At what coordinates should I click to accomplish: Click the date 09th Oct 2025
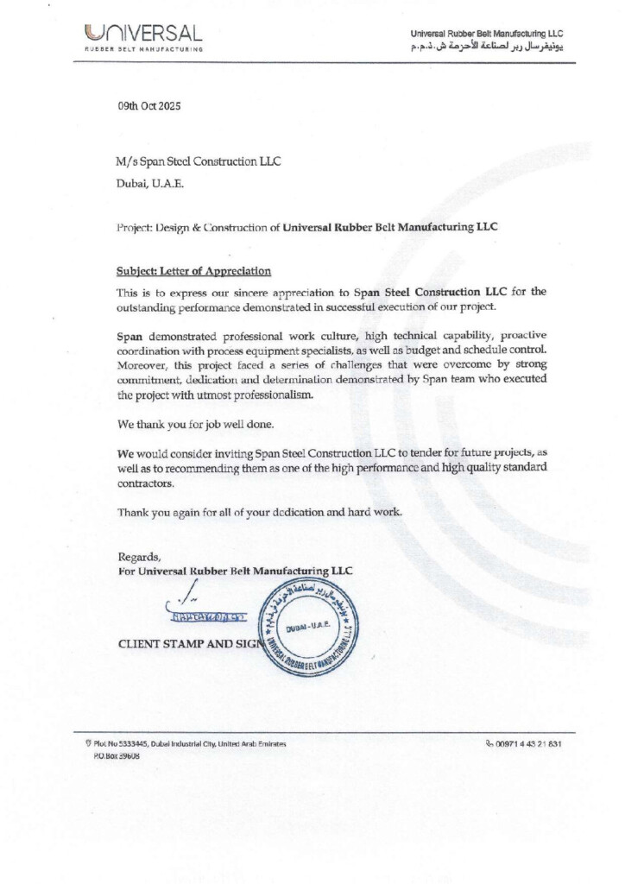[149, 106]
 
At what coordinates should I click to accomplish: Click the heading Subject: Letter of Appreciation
[194, 270]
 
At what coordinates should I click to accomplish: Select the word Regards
[139, 557]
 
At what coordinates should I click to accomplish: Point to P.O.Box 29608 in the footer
[117, 755]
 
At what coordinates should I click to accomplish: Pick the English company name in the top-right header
[487, 33]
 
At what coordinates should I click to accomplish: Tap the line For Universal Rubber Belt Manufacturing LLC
[235, 571]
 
